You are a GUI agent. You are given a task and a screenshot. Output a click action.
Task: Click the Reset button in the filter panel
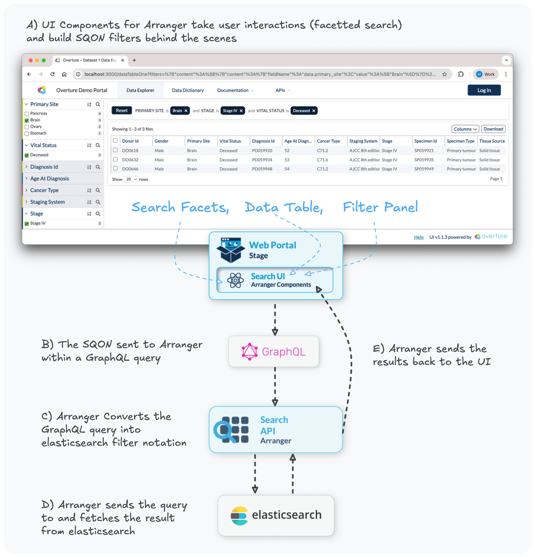point(122,110)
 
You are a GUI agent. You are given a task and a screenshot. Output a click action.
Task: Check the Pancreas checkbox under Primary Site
point(27,114)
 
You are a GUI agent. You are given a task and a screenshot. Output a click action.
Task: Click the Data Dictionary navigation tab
point(188,90)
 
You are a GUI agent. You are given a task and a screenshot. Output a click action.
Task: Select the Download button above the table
point(493,129)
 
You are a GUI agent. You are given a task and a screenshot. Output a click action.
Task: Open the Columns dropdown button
point(465,129)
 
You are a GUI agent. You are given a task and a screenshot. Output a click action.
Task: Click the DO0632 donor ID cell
point(130,160)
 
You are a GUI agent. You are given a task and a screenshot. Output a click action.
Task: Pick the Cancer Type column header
point(328,141)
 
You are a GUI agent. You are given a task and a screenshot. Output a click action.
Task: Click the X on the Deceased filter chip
point(314,111)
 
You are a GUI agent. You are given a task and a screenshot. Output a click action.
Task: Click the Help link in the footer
point(418,237)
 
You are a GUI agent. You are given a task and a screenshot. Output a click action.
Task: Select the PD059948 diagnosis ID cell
point(262,169)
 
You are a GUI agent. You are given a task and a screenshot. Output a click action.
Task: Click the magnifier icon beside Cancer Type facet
point(98,190)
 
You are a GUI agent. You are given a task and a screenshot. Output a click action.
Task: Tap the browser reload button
point(52,74)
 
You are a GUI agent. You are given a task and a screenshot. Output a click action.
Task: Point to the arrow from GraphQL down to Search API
point(275,387)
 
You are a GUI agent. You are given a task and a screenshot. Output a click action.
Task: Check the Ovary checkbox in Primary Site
point(27,127)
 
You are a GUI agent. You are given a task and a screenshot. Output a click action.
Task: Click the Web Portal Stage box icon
point(230,250)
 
